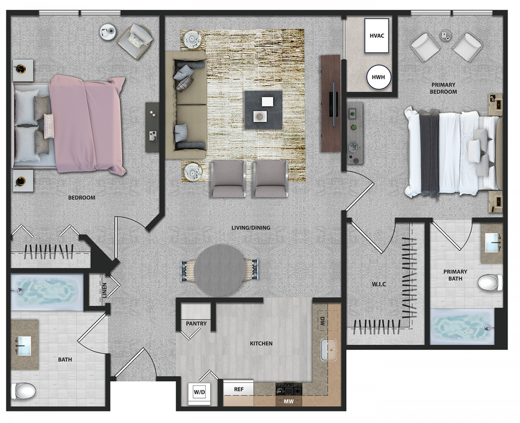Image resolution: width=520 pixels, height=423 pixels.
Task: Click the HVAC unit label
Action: tap(377, 36)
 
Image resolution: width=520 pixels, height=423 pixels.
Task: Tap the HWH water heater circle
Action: tap(379, 77)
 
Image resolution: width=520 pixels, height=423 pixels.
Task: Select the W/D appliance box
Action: tap(199, 392)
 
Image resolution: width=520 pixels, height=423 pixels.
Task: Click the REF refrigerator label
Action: tap(238, 389)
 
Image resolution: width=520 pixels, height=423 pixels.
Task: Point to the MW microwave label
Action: tap(289, 401)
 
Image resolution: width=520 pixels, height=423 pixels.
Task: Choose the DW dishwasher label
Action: tap(322, 321)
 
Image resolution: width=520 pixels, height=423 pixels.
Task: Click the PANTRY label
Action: tap(196, 324)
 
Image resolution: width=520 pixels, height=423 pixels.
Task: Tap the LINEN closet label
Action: tap(104, 290)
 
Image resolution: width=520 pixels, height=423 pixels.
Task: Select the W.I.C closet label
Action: tap(379, 284)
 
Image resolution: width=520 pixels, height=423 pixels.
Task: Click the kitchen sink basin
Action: tap(328, 350)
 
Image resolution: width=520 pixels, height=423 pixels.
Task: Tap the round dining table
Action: tap(219, 270)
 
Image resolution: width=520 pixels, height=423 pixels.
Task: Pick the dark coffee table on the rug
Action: tap(263, 110)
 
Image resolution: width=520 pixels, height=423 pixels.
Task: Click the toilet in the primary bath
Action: tap(490, 283)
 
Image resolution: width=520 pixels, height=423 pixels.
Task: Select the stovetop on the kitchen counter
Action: tap(289, 389)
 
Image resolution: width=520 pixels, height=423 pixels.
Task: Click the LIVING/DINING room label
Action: tap(251, 228)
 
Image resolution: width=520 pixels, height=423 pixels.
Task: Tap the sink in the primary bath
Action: tap(491, 242)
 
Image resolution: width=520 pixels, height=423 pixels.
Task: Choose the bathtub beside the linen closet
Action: tap(47, 292)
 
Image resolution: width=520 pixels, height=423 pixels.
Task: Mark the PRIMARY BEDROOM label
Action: tap(443, 88)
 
